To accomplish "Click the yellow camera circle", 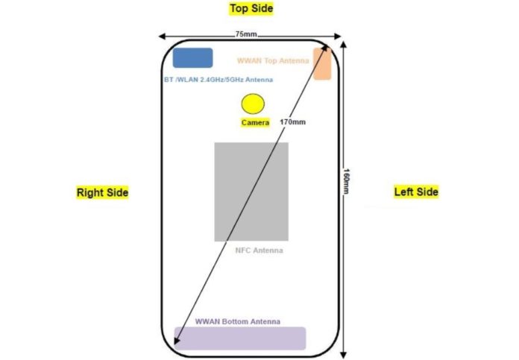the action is pyautogui.click(x=253, y=104).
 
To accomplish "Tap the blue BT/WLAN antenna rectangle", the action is pyautogui.click(x=193, y=58).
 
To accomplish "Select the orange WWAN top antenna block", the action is pyautogui.click(x=322, y=64).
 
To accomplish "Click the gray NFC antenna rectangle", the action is pyautogui.click(x=251, y=192).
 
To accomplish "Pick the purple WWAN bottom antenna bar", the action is pyautogui.click(x=240, y=338).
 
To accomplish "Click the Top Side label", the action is pyautogui.click(x=251, y=9).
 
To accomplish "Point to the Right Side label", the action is pyautogui.click(x=103, y=192).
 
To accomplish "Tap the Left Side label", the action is pyautogui.click(x=416, y=192).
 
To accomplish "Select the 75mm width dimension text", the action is pyautogui.click(x=246, y=34).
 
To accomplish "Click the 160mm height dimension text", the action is pyautogui.click(x=346, y=182).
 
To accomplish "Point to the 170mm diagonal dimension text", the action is pyautogui.click(x=292, y=122).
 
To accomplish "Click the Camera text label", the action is pyautogui.click(x=255, y=123).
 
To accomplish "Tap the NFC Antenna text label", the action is pyautogui.click(x=259, y=250).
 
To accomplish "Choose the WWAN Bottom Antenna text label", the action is pyautogui.click(x=238, y=322).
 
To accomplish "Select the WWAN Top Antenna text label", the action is pyautogui.click(x=273, y=60).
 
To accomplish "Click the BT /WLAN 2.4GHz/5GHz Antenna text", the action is pyautogui.click(x=218, y=80).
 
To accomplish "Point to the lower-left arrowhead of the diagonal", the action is pyautogui.click(x=175, y=343).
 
